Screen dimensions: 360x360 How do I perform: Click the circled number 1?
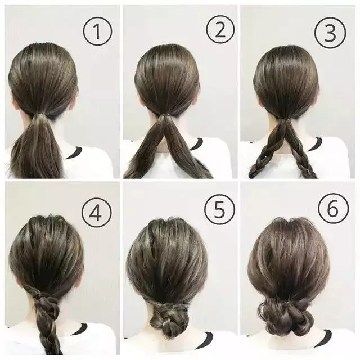coord(97,31)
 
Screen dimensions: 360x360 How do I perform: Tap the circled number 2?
coord(220,30)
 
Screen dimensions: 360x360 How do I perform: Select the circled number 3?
coord(330,32)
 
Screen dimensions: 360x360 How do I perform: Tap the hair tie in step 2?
coord(164,115)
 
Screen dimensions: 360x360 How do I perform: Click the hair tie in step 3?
coord(285,120)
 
